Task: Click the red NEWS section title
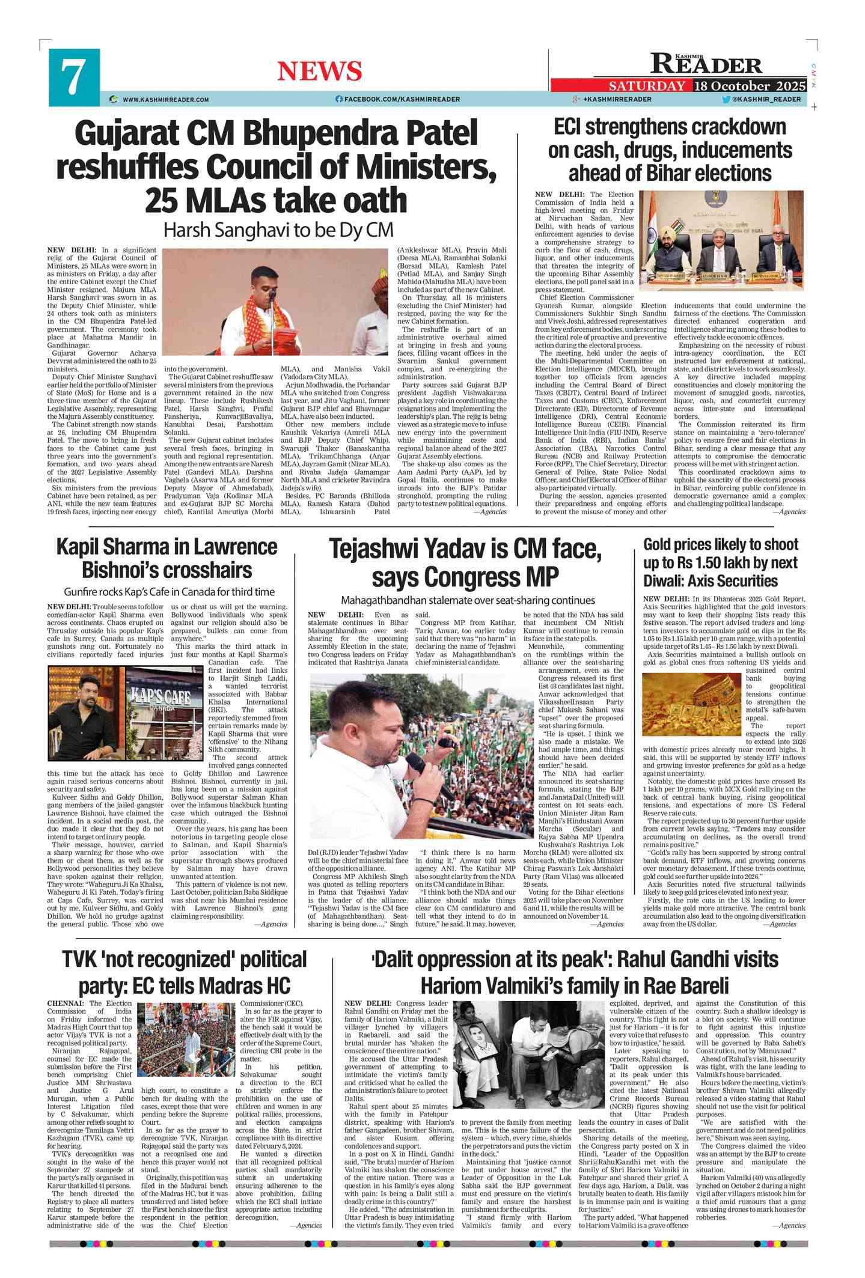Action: tap(319, 72)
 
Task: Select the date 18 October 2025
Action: tap(750, 86)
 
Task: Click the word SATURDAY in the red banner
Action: tap(647, 86)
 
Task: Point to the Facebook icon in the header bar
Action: tap(339, 99)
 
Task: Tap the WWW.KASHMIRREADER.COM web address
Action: tap(166, 100)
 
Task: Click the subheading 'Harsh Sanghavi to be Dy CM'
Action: tap(278, 230)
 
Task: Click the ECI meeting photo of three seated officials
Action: tap(721, 241)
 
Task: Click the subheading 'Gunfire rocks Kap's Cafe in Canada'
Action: tap(170, 592)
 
